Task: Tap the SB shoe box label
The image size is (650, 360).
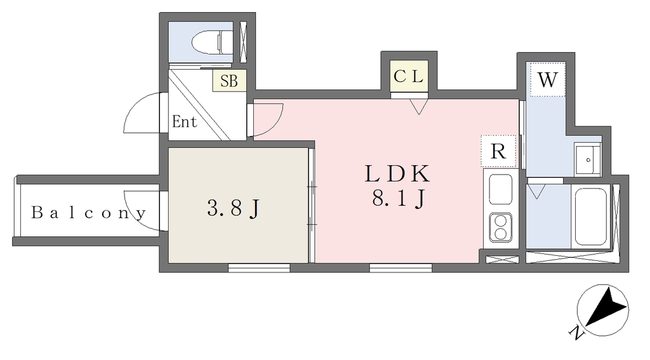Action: coord(229,81)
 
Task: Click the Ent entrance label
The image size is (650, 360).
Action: coord(185,122)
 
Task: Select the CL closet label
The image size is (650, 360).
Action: coord(409,77)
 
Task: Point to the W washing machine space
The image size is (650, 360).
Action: coord(547,80)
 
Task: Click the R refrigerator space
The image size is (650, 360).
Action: coord(498,152)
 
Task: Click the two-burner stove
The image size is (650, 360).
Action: coord(501,227)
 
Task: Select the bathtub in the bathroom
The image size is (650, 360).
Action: coord(591,217)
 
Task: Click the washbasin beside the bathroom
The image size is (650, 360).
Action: coord(588,159)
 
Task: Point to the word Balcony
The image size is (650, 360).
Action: coord(89,213)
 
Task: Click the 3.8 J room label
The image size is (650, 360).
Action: coord(233,208)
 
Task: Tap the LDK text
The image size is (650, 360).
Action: coord(397,174)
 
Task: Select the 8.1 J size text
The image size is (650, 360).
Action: coord(398,199)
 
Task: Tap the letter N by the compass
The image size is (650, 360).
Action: coord(576,333)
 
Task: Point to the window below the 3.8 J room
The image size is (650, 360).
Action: coord(259,268)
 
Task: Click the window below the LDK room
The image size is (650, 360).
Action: coord(401,268)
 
